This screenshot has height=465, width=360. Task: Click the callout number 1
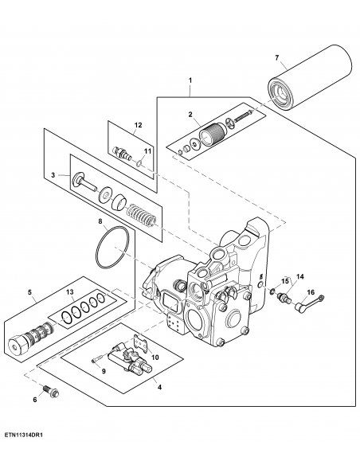point(190,80)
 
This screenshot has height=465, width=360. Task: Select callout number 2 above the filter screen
point(190,115)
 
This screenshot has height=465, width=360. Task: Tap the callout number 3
point(53,175)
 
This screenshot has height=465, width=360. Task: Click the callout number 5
point(31,292)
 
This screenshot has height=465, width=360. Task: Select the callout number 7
point(276,57)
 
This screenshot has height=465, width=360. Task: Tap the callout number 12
point(138,125)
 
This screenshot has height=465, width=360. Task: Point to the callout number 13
point(70,292)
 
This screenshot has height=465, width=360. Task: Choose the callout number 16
point(311,293)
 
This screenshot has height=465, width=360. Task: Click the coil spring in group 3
point(143,214)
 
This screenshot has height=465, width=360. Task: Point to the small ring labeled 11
point(140,166)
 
